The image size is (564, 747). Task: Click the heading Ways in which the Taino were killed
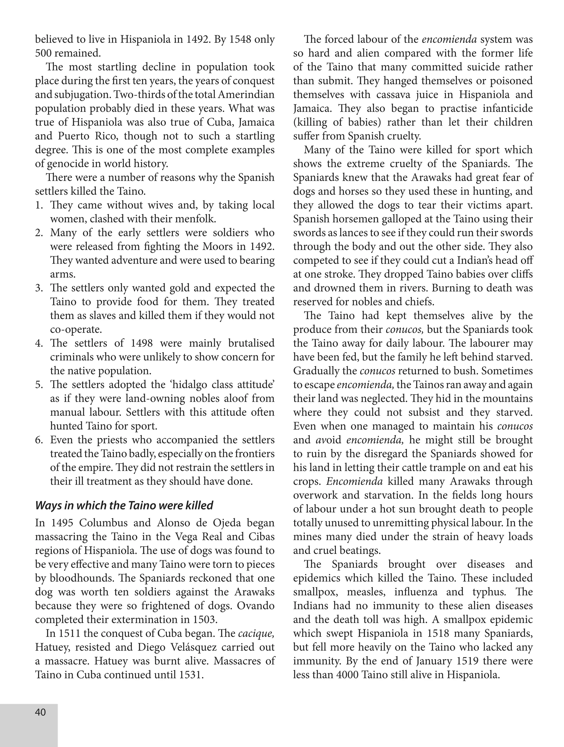click(x=124, y=505)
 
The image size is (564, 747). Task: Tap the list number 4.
click(x=39, y=343)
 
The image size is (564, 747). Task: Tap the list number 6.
click(x=39, y=440)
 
